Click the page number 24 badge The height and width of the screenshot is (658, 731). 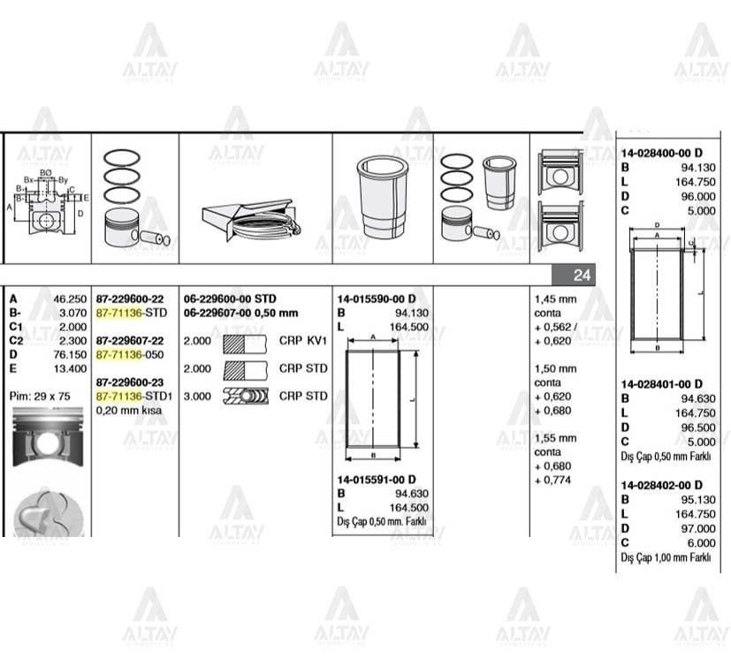581,276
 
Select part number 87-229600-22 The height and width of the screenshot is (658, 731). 130,299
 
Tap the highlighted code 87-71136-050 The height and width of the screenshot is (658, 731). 131,354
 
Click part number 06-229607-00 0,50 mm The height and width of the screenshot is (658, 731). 240,313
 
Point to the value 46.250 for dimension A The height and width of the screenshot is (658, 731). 70,299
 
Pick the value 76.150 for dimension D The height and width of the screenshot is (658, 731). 70,354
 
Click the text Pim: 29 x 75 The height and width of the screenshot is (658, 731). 42,396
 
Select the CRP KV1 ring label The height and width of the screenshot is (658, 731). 303,340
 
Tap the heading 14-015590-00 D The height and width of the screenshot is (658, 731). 376,299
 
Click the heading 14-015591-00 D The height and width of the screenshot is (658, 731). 376,480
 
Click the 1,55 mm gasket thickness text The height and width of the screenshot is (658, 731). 555,438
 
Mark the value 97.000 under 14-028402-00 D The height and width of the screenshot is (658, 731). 699,528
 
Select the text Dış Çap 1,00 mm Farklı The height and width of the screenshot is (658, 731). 666,557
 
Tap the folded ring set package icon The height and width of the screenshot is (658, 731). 250,218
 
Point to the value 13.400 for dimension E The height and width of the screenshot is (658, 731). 70,368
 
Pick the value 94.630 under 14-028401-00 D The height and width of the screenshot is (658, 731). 699,398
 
